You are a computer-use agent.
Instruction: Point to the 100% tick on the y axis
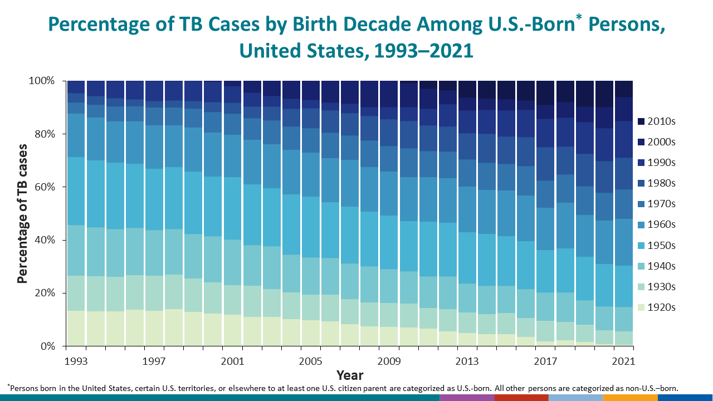pos(41,81)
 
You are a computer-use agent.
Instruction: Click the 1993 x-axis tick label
pos(76,361)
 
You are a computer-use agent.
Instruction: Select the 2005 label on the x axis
pos(310,361)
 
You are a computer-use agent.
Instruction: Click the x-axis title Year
pos(350,375)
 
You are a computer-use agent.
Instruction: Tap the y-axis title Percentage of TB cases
pos(22,213)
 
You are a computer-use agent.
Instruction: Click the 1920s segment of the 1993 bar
pos(76,329)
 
